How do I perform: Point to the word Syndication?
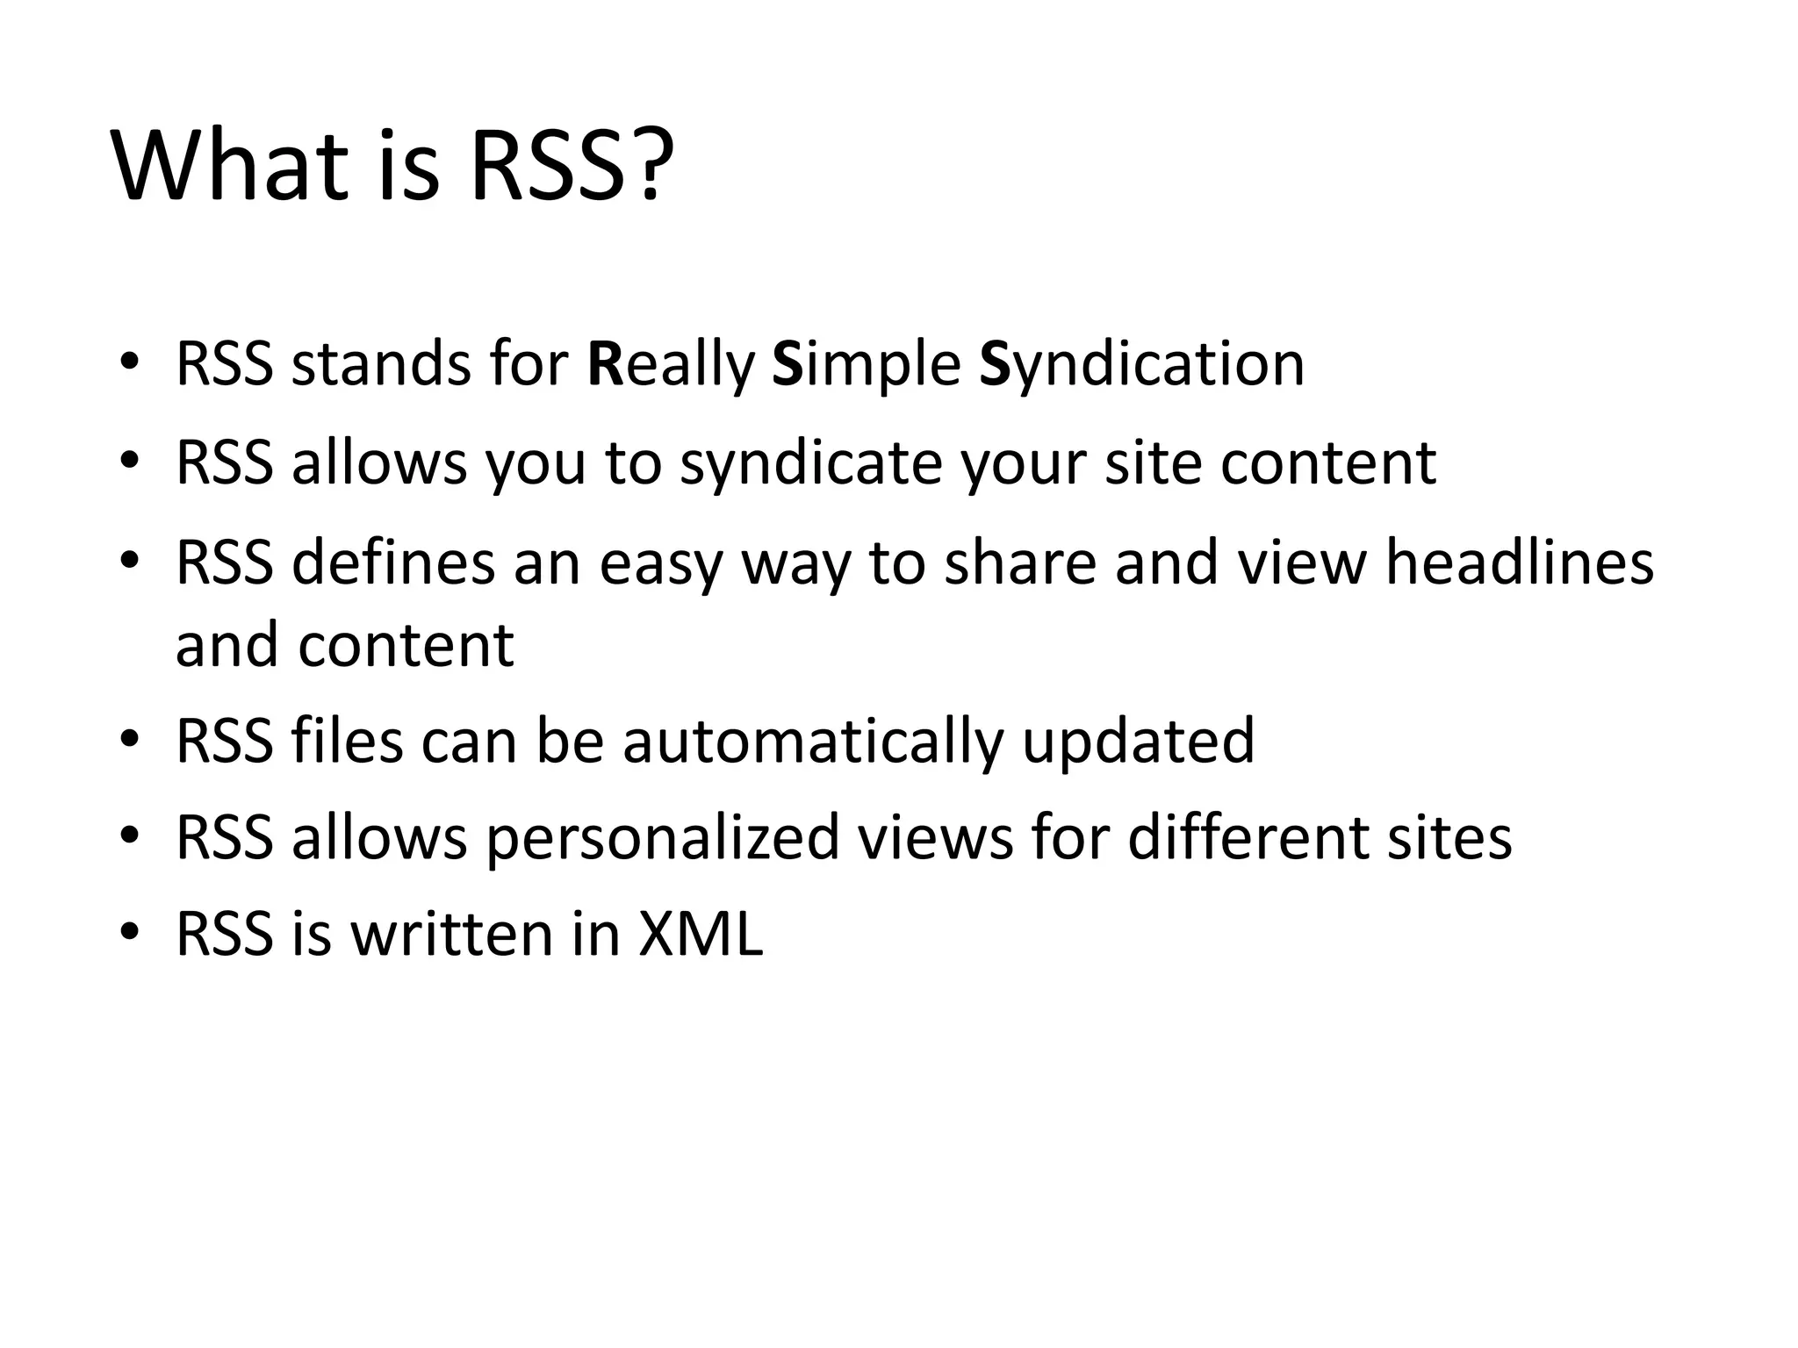coord(1141,363)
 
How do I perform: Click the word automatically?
coord(812,742)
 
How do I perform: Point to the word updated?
coord(1139,742)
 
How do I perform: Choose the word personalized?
coord(663,838)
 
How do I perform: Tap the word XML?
coord(701,934)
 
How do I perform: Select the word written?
coord(453,934)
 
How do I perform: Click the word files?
coord(347,742)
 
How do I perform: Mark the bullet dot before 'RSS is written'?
coord(130,932)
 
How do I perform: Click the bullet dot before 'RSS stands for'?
coord(130,362)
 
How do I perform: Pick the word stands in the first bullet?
coord(381,363)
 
